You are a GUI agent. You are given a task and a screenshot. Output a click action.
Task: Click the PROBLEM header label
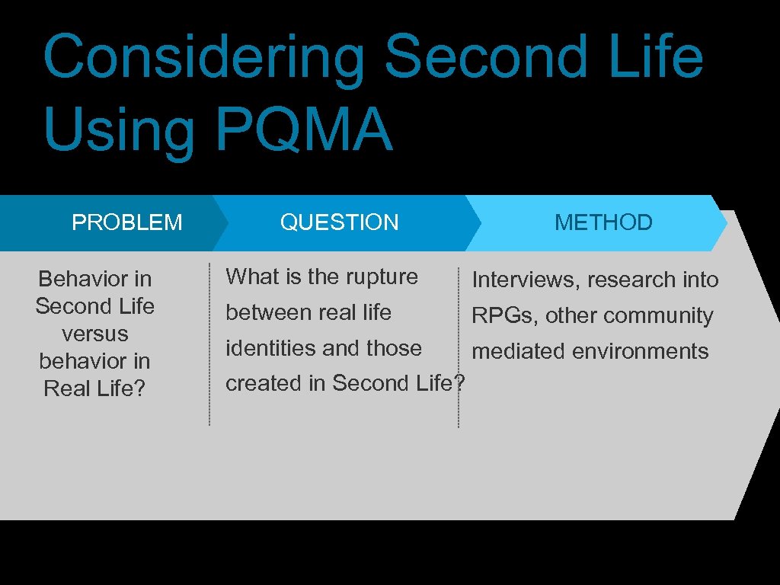pos(127,222)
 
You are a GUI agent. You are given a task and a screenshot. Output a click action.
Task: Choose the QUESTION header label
pos(339,222)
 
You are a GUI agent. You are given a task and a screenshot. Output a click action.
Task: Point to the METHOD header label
pos(603,222)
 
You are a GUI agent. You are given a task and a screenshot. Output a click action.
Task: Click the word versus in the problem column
pos(95,334)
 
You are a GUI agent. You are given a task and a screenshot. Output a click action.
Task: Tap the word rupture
pos(382,277)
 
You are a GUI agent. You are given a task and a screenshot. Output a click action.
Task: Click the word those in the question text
pos(394,348)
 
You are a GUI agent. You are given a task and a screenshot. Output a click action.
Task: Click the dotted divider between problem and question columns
pos(209,343)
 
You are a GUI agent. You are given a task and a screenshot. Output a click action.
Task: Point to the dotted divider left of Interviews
pos(459,347)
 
